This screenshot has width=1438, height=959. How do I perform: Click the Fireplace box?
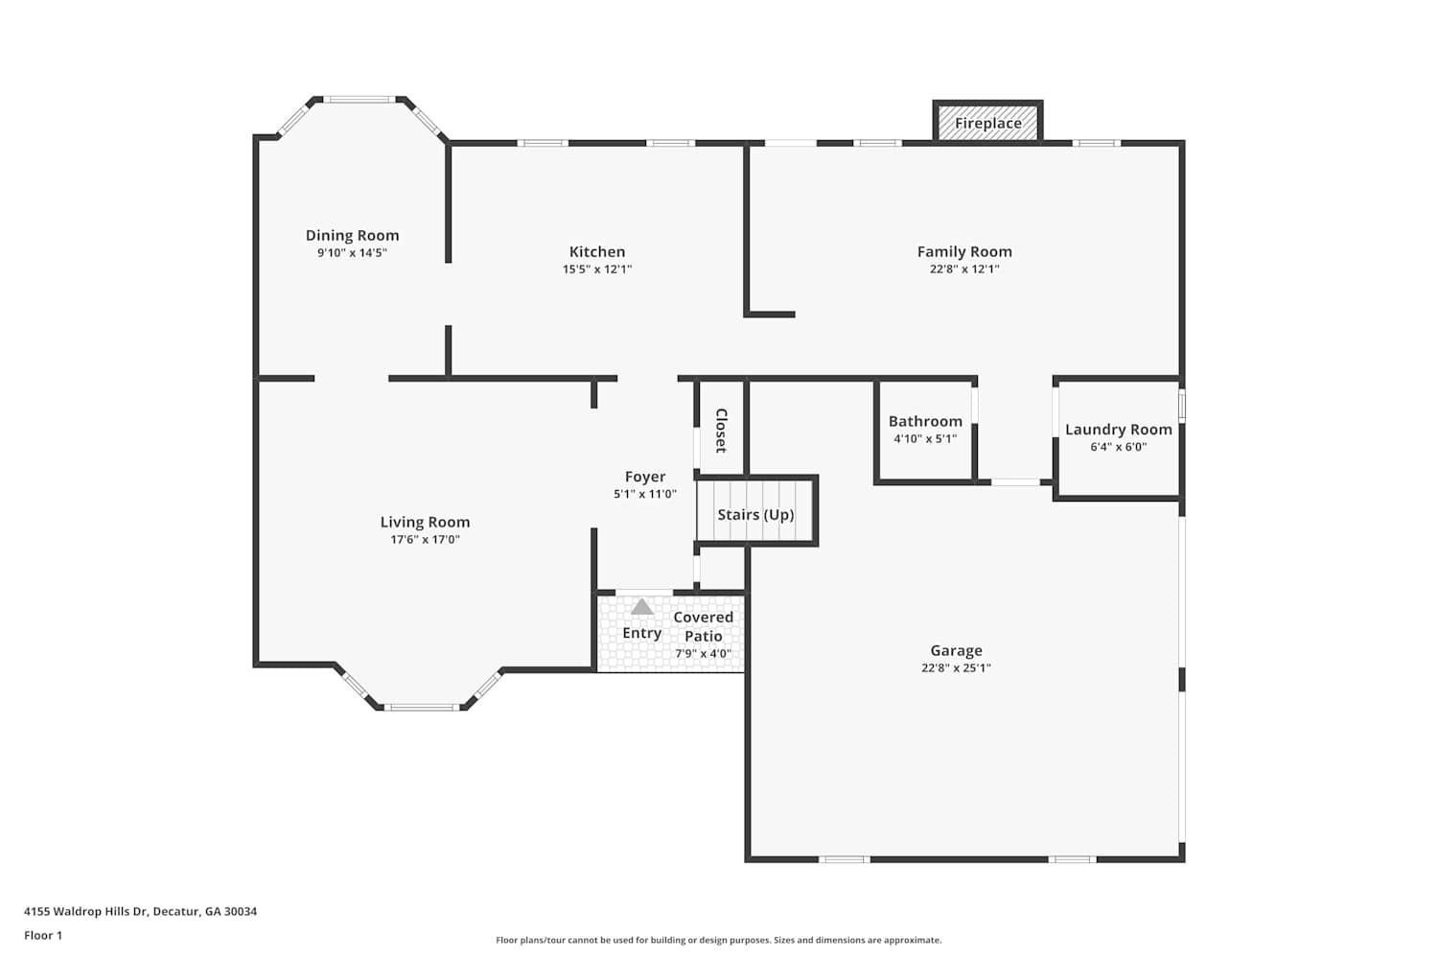(987, 122)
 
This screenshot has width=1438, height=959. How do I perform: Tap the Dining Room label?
(352, 236)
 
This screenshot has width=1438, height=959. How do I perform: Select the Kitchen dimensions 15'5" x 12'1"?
(597, 269)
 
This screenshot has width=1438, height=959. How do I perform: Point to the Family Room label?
(964, 252)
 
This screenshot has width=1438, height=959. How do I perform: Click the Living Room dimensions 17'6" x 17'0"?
(425, 540)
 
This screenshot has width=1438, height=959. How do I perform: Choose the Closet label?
(721, 431)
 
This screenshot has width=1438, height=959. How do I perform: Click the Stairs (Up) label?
(755, 515)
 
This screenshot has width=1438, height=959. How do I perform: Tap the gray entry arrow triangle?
(642, 607)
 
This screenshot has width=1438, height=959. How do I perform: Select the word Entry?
(642, 633)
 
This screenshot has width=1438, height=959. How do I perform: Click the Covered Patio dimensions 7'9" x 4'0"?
(703, 654)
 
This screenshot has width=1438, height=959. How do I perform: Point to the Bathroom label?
(925, 421)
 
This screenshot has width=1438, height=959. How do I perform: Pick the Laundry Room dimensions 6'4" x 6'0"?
(1119, 447)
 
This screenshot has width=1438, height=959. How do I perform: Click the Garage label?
(956, 650)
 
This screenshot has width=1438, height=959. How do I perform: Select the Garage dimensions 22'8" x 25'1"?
(956, 668)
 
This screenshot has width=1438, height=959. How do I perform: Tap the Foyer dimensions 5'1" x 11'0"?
(645, 494)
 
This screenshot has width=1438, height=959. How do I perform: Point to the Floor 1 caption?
(43, 935)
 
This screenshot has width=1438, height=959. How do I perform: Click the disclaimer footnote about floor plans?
(718, 940)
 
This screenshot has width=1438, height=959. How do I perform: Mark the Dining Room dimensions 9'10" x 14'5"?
(352, 253)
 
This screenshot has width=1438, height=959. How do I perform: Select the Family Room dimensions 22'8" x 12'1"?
(964, 269)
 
